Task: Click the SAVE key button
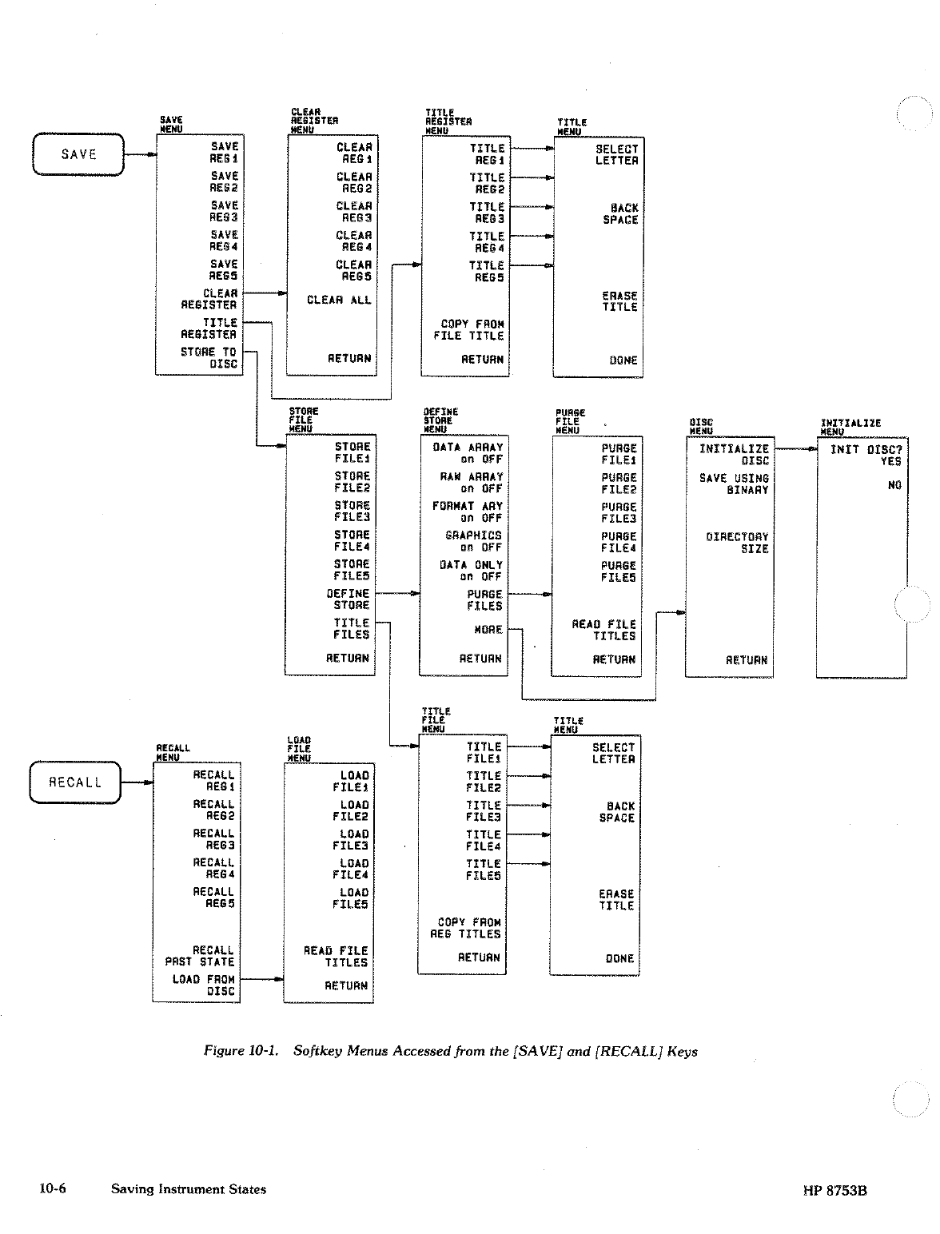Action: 78,154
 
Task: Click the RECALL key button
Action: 75,782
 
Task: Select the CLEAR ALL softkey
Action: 339,301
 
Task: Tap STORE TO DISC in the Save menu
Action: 209,357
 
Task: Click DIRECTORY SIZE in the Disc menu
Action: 737,543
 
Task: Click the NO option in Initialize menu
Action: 894,485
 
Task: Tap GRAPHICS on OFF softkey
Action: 473,542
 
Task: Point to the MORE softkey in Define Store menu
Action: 488,630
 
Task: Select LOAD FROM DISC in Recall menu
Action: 204,985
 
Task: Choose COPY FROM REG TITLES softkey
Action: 468,928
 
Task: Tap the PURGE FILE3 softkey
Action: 619,512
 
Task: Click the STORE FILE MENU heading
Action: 304,420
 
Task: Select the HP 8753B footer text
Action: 834,1191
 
